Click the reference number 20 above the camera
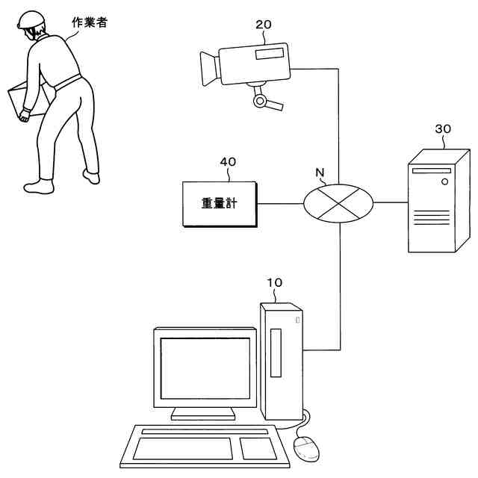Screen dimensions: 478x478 click(x=263, y=25)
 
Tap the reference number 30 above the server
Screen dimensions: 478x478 click(x=442, y=128)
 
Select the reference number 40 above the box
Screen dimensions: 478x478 click(x=228, y=161)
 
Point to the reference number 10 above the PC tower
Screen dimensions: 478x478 click(x=275, y=283)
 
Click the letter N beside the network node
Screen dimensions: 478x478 click(x=320, y=173)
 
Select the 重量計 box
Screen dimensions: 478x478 click(x=219, y=203)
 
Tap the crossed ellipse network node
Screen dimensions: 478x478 click(x=338, y=202)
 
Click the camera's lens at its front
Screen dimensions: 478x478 click(x=207, y=67)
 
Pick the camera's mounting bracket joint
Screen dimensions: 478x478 click(x=259, y=99)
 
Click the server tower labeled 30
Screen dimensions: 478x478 click(x=436, y=202)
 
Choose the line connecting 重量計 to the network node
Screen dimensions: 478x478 click(x=279, y=202)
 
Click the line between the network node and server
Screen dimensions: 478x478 click(x=391, y=202)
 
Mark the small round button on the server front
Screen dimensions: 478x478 click(x=446, y=180)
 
